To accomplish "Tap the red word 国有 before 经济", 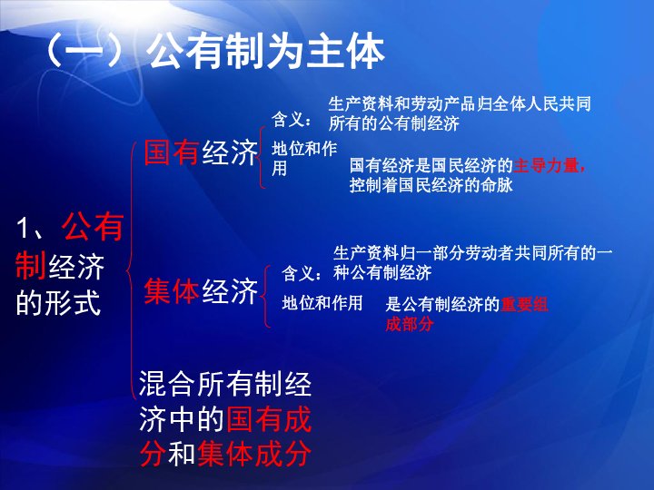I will click(x=172, y=153).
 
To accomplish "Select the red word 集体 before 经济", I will click(x=172, y=292).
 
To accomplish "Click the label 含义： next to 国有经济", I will click(x=293, y=119).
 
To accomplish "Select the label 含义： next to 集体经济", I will click(x=302, y=273).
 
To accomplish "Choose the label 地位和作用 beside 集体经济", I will click(x=323, y=302).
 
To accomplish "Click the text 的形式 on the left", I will click(x=58, y=301).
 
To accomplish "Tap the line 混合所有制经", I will click(x=225, y=386).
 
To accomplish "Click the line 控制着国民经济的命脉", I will click(x=431, y=186).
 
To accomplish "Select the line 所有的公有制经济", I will click(x=393, y=123).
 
